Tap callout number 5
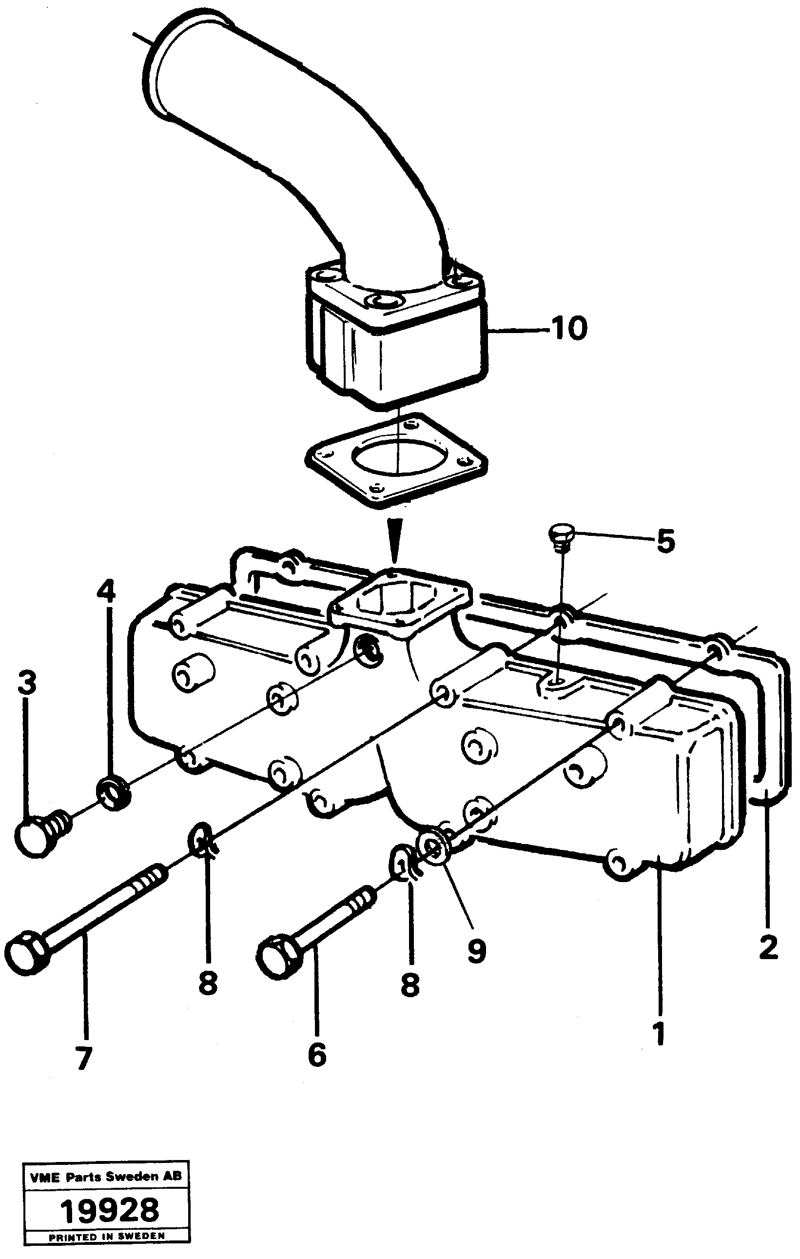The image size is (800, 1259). pyautogui.click(x=664, y=541)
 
